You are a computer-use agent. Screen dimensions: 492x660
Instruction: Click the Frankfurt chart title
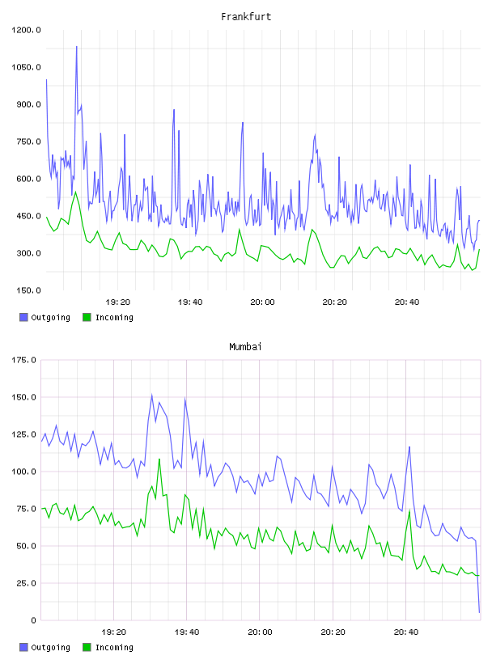coord(246,17)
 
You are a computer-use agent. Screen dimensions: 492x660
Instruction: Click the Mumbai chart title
coord(245,347)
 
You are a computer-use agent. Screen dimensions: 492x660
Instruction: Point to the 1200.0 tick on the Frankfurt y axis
coord(26,30)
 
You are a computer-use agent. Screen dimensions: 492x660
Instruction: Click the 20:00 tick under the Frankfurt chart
coord(262,302)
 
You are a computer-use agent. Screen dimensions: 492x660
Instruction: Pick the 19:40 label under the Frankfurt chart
coord(190,302)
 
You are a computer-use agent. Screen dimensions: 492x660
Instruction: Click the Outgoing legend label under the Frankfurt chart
coord(50,317)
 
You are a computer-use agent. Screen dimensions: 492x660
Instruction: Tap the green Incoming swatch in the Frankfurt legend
coord(87,317)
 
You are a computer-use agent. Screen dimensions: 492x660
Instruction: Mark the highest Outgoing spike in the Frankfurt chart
coord(76,47)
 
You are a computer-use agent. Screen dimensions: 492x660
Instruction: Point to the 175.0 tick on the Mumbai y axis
coord(23,360)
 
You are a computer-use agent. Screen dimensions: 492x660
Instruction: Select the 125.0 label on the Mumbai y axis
coord(23,434)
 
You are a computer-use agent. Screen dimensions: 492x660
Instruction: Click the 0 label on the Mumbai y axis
coord(33,620)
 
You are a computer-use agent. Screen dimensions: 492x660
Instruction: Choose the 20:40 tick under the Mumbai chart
coord(406,632)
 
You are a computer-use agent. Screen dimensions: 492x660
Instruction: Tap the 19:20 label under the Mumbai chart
coord(114,632)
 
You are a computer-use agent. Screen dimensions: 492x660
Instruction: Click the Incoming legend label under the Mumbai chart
coord(114,647)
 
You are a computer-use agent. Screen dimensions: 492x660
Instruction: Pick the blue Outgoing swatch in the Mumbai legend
coord(23,647)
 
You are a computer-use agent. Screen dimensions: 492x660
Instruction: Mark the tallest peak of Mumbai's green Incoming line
coord(159,459)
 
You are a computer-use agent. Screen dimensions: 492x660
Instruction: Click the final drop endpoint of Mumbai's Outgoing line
coord(479,612)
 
